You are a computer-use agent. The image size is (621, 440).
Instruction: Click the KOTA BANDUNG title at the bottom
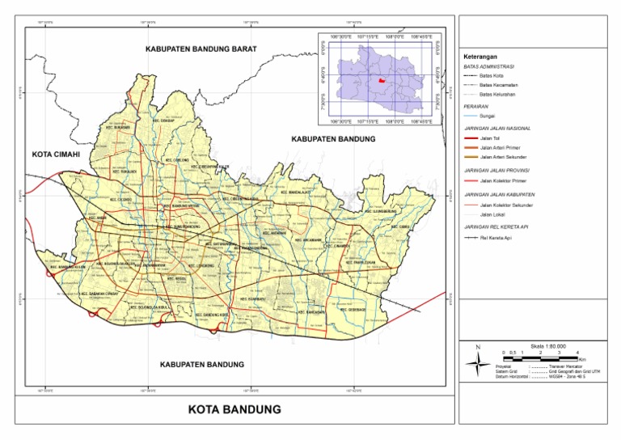[x=234, y=409]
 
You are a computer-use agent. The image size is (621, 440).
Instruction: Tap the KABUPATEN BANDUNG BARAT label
[x=201, y=49]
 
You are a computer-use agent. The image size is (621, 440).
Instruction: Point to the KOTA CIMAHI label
[x=59, y=153]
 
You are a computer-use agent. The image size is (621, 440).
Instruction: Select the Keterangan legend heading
[x=479, y=57]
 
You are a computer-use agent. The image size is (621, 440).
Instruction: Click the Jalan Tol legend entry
[x=487, y=138]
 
